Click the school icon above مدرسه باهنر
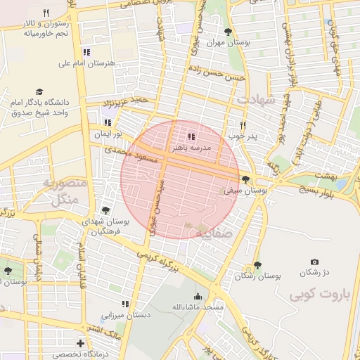tap(191, 136)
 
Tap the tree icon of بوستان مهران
tap(227, 32)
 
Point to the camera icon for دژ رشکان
tap(314, 262)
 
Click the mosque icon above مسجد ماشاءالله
tap(198, 297)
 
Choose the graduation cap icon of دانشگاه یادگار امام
tap(39, 92)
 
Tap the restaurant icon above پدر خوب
tap(243, 124)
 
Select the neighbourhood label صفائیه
tap(212, 232)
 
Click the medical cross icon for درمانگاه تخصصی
tap(82, 344)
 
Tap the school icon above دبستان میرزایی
tap(124, 304)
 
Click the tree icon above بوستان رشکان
tap(257, 265)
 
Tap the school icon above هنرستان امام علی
tap(86, 52)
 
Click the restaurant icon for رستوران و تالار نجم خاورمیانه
tap(46, 13)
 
